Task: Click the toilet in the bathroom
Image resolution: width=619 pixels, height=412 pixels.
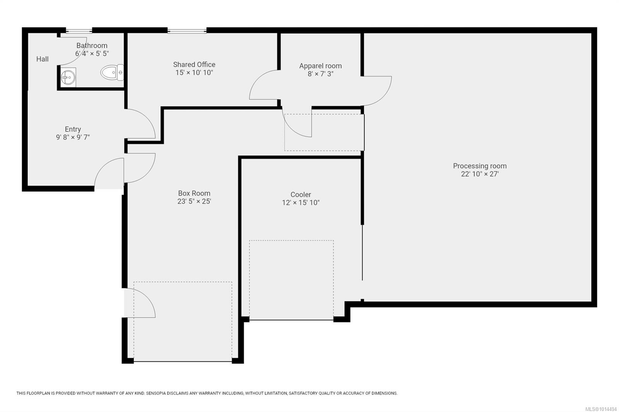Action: click(112, 72)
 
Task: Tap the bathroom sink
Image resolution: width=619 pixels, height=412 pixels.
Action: click(68, 77)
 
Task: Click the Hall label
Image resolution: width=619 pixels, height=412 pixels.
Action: click(42, 59)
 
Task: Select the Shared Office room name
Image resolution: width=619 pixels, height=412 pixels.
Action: click(194, 65)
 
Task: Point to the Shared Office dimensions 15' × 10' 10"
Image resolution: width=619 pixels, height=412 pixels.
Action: click(194, 73)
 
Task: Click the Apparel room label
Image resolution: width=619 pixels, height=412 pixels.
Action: click(321, 66)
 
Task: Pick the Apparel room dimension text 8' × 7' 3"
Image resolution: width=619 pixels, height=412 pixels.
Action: click(321, 74)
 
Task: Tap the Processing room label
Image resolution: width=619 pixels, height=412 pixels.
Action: click(480, 166)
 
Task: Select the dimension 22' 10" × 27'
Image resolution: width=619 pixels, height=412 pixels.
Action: click(480, 174)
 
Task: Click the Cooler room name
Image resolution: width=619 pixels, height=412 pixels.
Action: click(301, 195)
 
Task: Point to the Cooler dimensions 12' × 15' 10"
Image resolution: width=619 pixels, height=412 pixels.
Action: click(301, 203)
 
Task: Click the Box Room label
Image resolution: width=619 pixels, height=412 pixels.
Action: click(194, 193)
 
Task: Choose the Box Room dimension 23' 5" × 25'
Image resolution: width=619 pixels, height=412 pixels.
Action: click(194, 201)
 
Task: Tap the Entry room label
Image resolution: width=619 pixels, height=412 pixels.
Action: click(73, 129)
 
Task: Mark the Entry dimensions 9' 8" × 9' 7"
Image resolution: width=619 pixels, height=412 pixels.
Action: click(73, 137)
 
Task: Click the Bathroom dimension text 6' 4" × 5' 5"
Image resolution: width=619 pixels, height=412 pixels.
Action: click(92, 54)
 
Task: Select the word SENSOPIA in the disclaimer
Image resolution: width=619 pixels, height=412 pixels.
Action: click(156, 393)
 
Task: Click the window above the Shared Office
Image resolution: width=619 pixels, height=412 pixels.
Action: click(187, 31)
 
